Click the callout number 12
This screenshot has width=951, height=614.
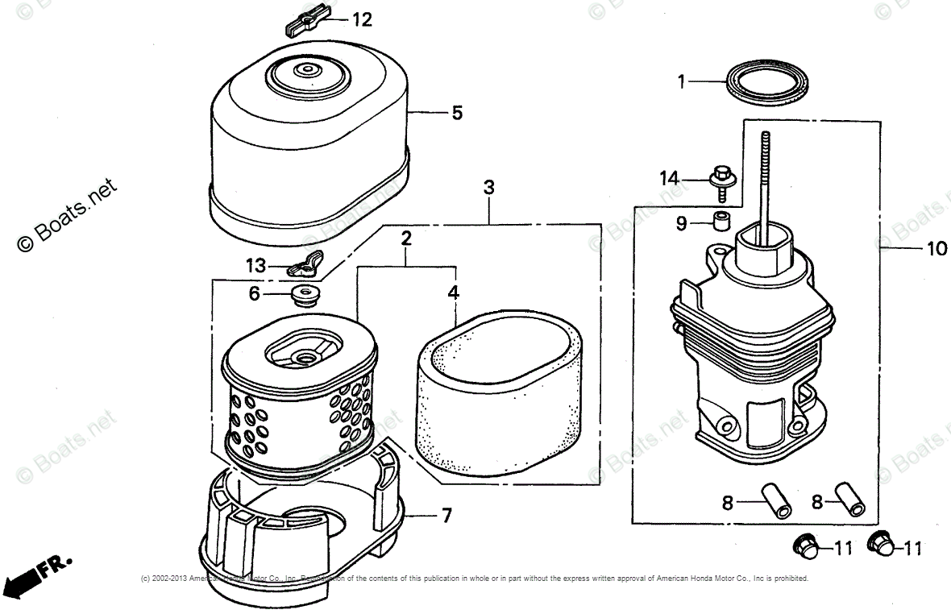click(362, 19)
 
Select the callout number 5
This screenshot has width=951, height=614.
click(457, 113)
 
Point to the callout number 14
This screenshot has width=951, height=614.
click(670, 179)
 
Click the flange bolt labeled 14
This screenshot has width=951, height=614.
click(721, 179)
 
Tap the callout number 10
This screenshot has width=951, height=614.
click(936, 249)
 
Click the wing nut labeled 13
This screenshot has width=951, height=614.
click(308, 263)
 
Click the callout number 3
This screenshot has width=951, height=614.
click(488, 188)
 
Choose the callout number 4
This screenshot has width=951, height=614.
click(454, 293)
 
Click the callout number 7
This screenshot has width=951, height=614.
click(446, 515)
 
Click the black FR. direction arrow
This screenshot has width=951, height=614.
click(24, 576)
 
